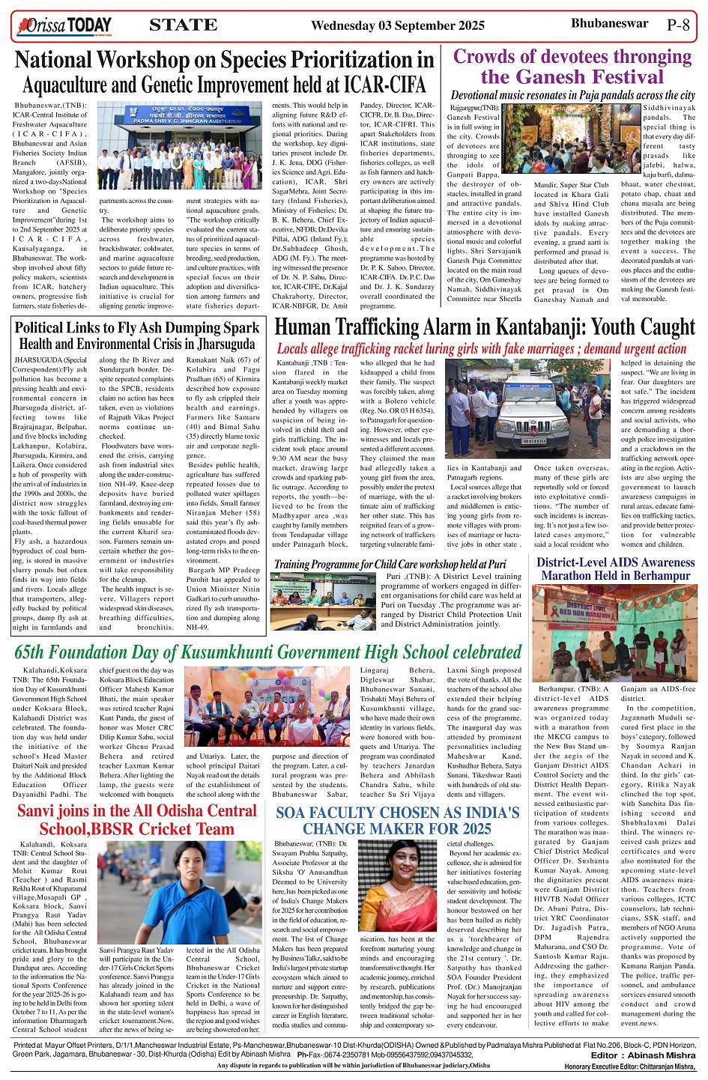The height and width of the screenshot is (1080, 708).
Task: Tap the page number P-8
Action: (677, 24)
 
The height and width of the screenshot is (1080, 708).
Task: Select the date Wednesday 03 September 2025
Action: (397, 25)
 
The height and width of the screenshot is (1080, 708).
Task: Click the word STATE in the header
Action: (183, 25)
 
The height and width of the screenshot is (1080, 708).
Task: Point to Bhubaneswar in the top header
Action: (609, 23)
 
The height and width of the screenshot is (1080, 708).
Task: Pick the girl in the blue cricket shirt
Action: (141, 894)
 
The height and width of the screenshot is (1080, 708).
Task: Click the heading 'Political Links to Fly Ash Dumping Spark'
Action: (137, 328)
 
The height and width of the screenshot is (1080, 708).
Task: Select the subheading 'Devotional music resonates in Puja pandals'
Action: (573, 95)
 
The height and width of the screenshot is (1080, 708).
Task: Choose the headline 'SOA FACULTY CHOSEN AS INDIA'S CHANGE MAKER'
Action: (397, 821)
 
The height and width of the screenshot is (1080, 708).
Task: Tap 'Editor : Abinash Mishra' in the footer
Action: (643, 1055)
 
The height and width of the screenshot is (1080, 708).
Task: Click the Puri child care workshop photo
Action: (323, 601)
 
